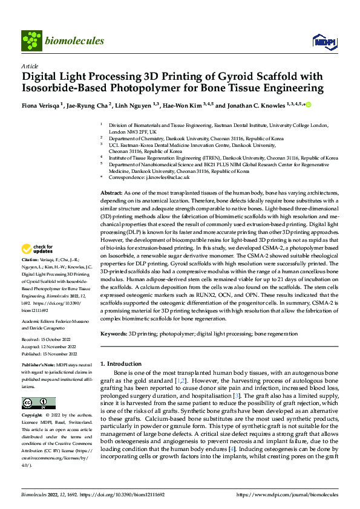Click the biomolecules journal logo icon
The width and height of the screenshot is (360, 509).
[31, 41]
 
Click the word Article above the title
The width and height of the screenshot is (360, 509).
[30, 66]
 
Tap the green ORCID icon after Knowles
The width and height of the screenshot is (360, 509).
[308, 105]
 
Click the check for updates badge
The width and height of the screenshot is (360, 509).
[38, 249]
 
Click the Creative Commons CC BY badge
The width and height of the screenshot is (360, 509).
[39, 403]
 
